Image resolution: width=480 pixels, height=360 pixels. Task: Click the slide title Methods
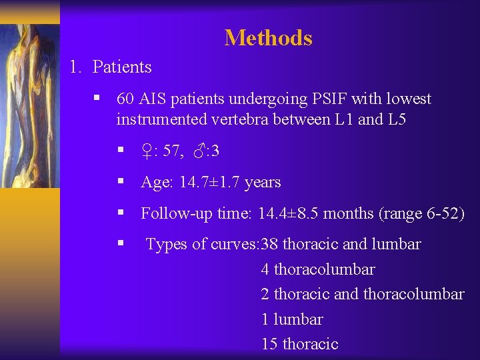coord(268,38)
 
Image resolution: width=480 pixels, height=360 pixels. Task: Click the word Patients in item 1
coord(122,67)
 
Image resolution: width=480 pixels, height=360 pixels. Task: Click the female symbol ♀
coord(147,152)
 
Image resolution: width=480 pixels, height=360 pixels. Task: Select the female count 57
coord(171,152)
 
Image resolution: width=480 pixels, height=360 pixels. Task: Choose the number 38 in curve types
coord(270,245)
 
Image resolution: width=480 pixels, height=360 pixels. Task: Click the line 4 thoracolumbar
coord(318,270)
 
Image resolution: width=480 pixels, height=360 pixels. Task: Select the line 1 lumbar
coord(292,319)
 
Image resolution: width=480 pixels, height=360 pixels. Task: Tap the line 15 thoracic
coord(300,344)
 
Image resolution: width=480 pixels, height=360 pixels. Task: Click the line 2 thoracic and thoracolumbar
coord(363,295)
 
